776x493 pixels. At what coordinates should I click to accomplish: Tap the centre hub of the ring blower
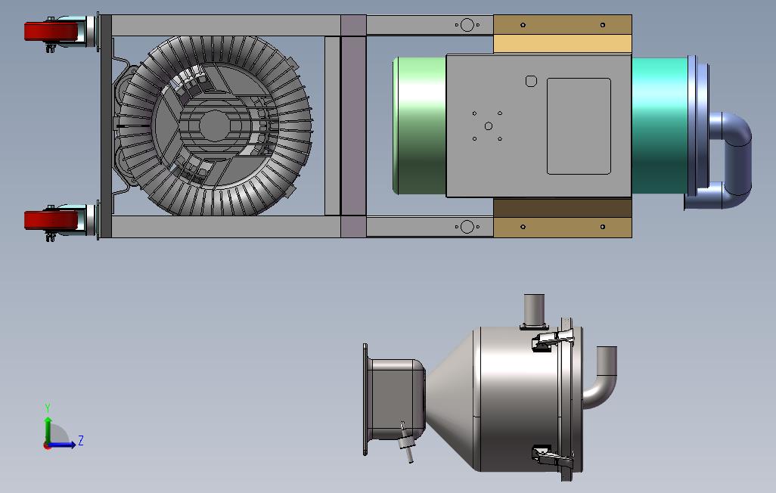214,126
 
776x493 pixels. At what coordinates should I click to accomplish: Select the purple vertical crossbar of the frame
353,126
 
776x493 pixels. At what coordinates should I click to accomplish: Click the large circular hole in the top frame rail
467,25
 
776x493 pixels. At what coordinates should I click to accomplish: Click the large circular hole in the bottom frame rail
467,227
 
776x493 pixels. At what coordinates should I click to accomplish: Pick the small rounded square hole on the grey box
531,81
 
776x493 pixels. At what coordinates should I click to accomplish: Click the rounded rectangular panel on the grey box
579,126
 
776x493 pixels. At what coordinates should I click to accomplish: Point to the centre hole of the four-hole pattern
489,126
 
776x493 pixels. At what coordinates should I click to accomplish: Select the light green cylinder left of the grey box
420,126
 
